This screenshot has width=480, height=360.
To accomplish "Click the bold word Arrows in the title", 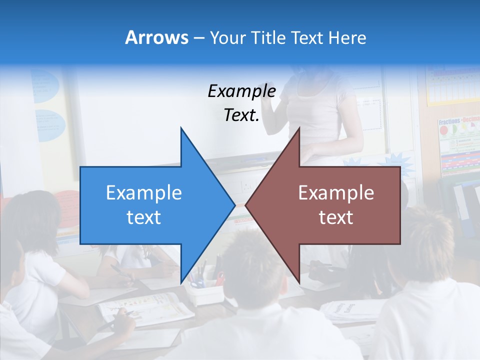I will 156,37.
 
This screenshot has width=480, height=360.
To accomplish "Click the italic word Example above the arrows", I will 241,91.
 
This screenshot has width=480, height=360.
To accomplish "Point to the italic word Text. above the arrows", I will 241,115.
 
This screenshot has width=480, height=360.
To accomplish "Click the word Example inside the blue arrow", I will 144,192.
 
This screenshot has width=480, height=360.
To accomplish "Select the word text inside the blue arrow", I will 144,217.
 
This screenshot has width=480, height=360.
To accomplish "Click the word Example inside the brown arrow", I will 336,192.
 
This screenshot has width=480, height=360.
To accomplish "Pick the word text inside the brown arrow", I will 336,217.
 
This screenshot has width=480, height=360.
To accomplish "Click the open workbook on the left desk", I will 145,307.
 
